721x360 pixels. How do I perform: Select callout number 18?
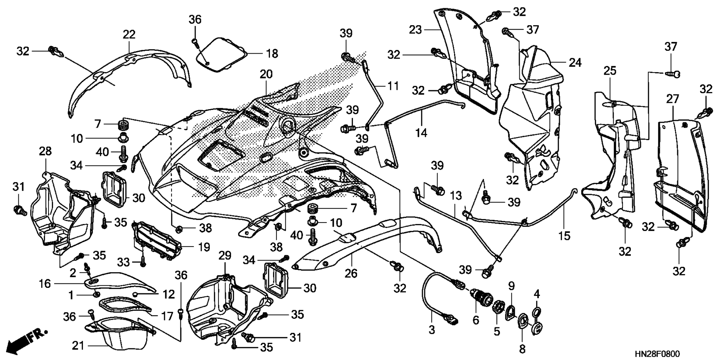272,54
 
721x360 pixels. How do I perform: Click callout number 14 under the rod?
421,133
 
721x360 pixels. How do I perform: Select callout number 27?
673,99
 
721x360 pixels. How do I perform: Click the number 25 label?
610,71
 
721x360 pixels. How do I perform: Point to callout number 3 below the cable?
432,330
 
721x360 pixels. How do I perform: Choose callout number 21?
78,346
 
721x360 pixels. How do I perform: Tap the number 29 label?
225,256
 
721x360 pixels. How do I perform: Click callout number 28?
45,152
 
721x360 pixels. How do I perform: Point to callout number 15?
564,236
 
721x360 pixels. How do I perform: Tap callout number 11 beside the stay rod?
393,86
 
